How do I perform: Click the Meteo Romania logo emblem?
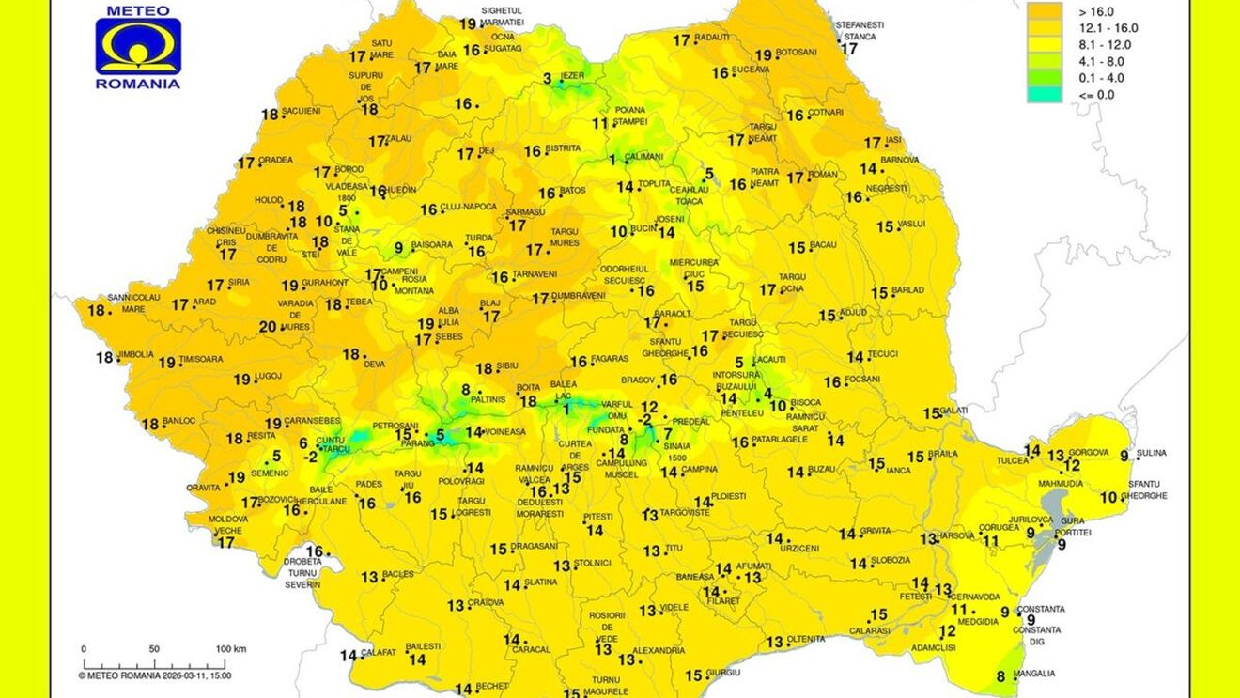[137, 48]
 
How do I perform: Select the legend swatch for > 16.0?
[1044, 11]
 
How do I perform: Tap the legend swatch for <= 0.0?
[1044, 94]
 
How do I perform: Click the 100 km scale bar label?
[230, 649]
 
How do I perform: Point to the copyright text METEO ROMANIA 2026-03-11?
[154, 675]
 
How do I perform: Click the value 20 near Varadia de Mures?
[268, 327]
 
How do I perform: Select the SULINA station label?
[1152, 454]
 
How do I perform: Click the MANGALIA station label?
[1033, 674]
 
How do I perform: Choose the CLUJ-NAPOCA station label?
[471, 209]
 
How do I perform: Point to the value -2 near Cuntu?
[310, 458]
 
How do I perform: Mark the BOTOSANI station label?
[797, 53]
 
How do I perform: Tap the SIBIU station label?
[510, 367]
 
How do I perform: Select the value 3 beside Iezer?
[548, 79]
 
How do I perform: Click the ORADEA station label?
[276, 161]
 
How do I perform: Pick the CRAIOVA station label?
[487, 603]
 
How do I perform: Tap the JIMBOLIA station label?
[135, 355]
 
